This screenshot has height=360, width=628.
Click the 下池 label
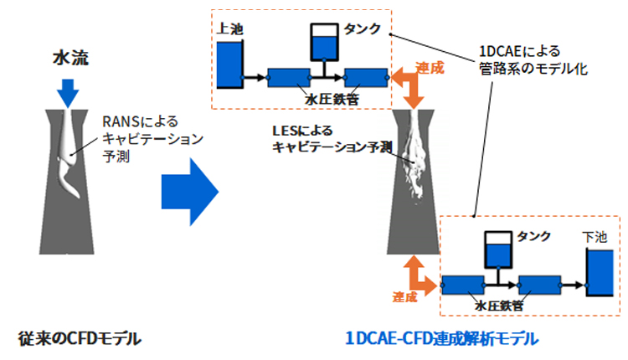click(x=594, y=238)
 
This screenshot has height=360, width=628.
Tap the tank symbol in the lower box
click(x=500, y=247)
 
